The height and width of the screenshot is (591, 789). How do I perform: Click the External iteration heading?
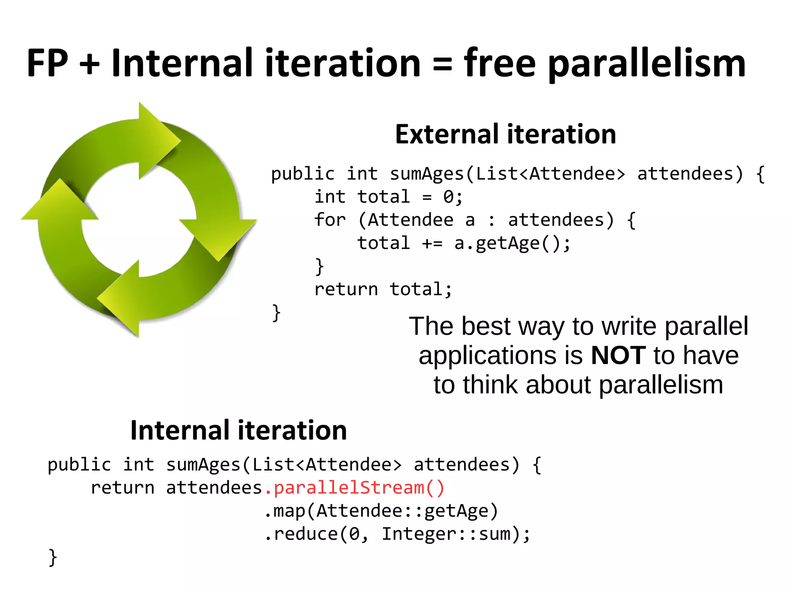tap(505, 134)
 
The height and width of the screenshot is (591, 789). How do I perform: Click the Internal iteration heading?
tap(238, 430)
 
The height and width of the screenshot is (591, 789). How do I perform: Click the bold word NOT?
tap(618, 355)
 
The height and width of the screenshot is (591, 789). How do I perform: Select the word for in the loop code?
tap(330, 220)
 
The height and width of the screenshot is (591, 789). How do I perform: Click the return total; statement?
tap(383, 289)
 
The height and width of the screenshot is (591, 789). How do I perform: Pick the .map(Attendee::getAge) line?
tap(381, 511)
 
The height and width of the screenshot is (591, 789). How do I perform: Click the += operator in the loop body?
tap(432, 244)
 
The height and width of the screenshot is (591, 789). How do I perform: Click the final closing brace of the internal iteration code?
tap(53, 557)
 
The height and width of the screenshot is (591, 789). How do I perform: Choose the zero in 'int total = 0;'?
tap(448, 197)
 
